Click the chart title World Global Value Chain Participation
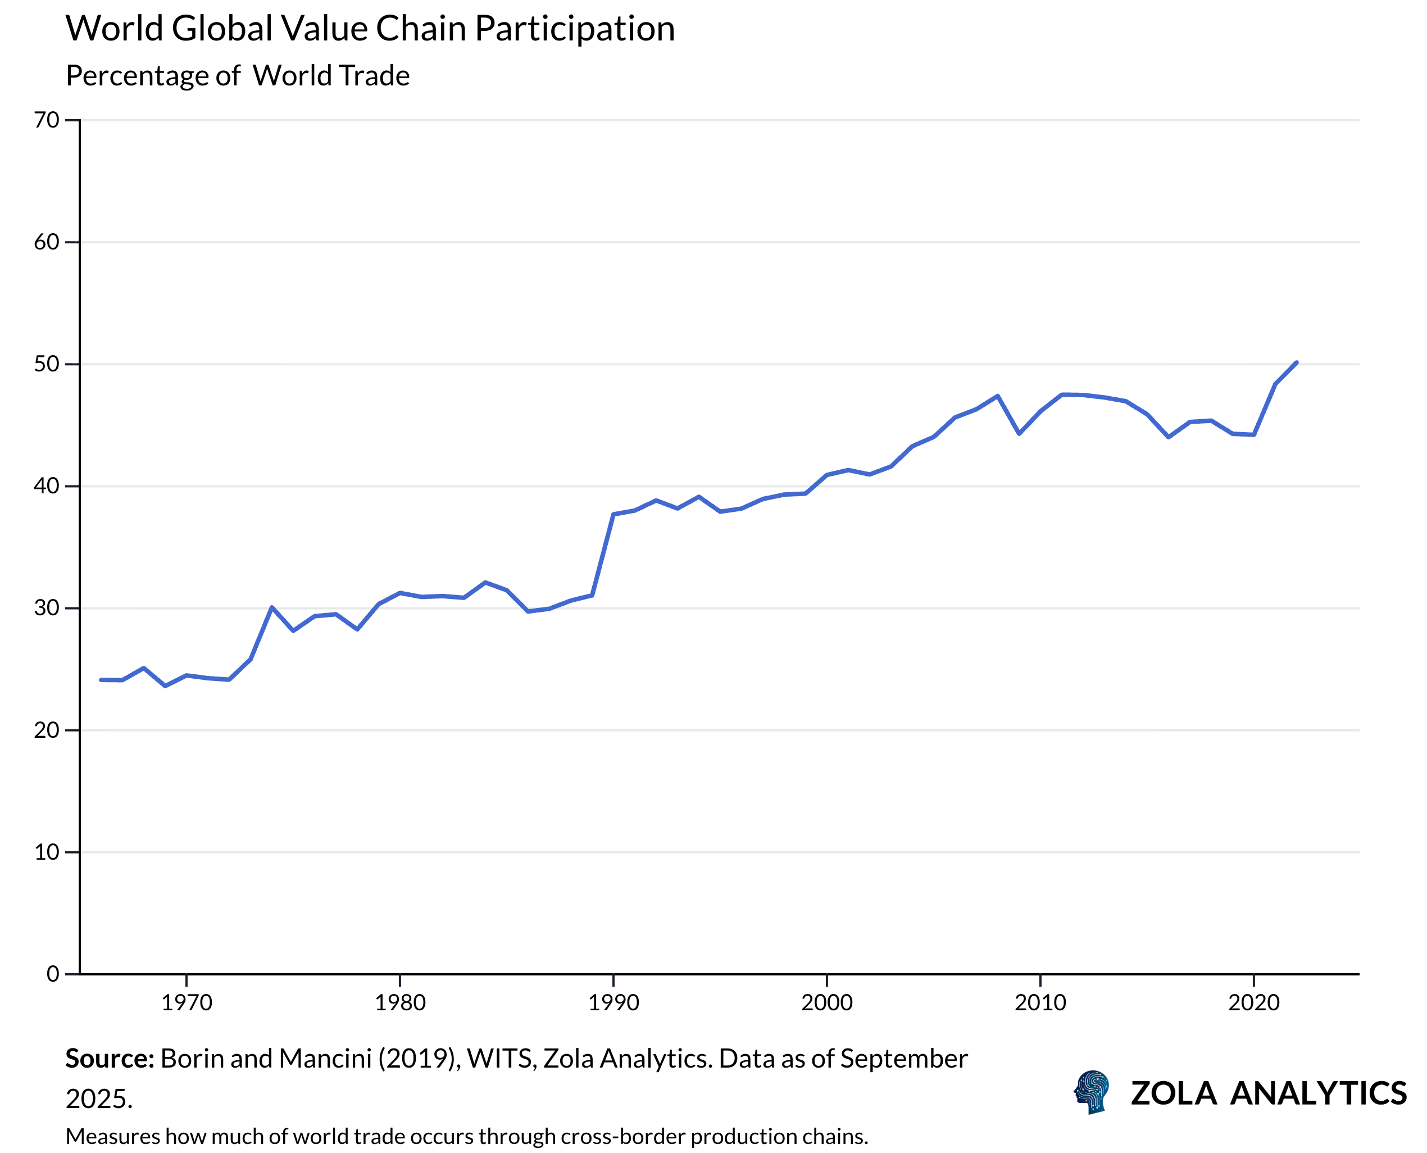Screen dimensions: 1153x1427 pos(370,29)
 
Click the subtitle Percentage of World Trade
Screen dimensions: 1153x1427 pos(237,76)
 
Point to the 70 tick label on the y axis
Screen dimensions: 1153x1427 pos(47,120)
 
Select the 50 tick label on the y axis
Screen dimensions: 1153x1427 pos(47,364)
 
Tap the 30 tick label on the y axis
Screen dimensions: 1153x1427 pos(47,608)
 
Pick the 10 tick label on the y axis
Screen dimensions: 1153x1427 pos(47,852)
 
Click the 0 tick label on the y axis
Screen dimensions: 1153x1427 pos(53,974)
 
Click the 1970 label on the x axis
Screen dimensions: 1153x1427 pos(187,1002)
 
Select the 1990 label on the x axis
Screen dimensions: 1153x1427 pos(613,1002)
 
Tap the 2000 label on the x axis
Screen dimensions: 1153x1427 pos(827,1002)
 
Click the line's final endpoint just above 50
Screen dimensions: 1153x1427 pos(1296,362)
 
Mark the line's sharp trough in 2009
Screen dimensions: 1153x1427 pos(1019,434)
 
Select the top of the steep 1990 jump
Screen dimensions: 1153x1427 pos(613,514)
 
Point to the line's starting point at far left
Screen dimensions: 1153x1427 pos(101,680)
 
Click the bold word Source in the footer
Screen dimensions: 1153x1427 pos(110,1059)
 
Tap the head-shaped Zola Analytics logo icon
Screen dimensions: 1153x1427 pos(1092,1092)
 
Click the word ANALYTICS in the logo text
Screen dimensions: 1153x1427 pos(1318,1094)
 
